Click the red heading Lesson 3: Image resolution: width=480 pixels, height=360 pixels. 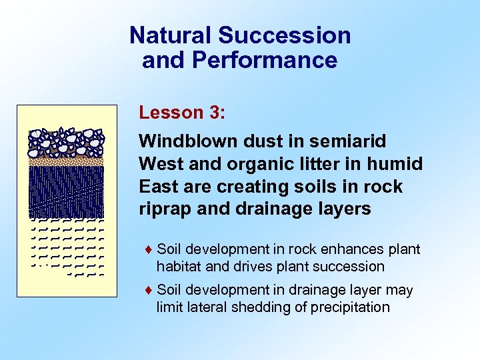click(x=182, y=112)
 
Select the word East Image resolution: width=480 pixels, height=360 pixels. click(x=159, y=186)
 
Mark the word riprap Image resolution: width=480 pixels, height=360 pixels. click(x=163, y=209)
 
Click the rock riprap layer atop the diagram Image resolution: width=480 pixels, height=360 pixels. click(x=67, y=141)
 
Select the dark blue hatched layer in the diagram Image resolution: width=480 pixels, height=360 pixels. click(x=67, y=190)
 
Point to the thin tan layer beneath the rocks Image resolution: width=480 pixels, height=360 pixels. click(x=67, y=161)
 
